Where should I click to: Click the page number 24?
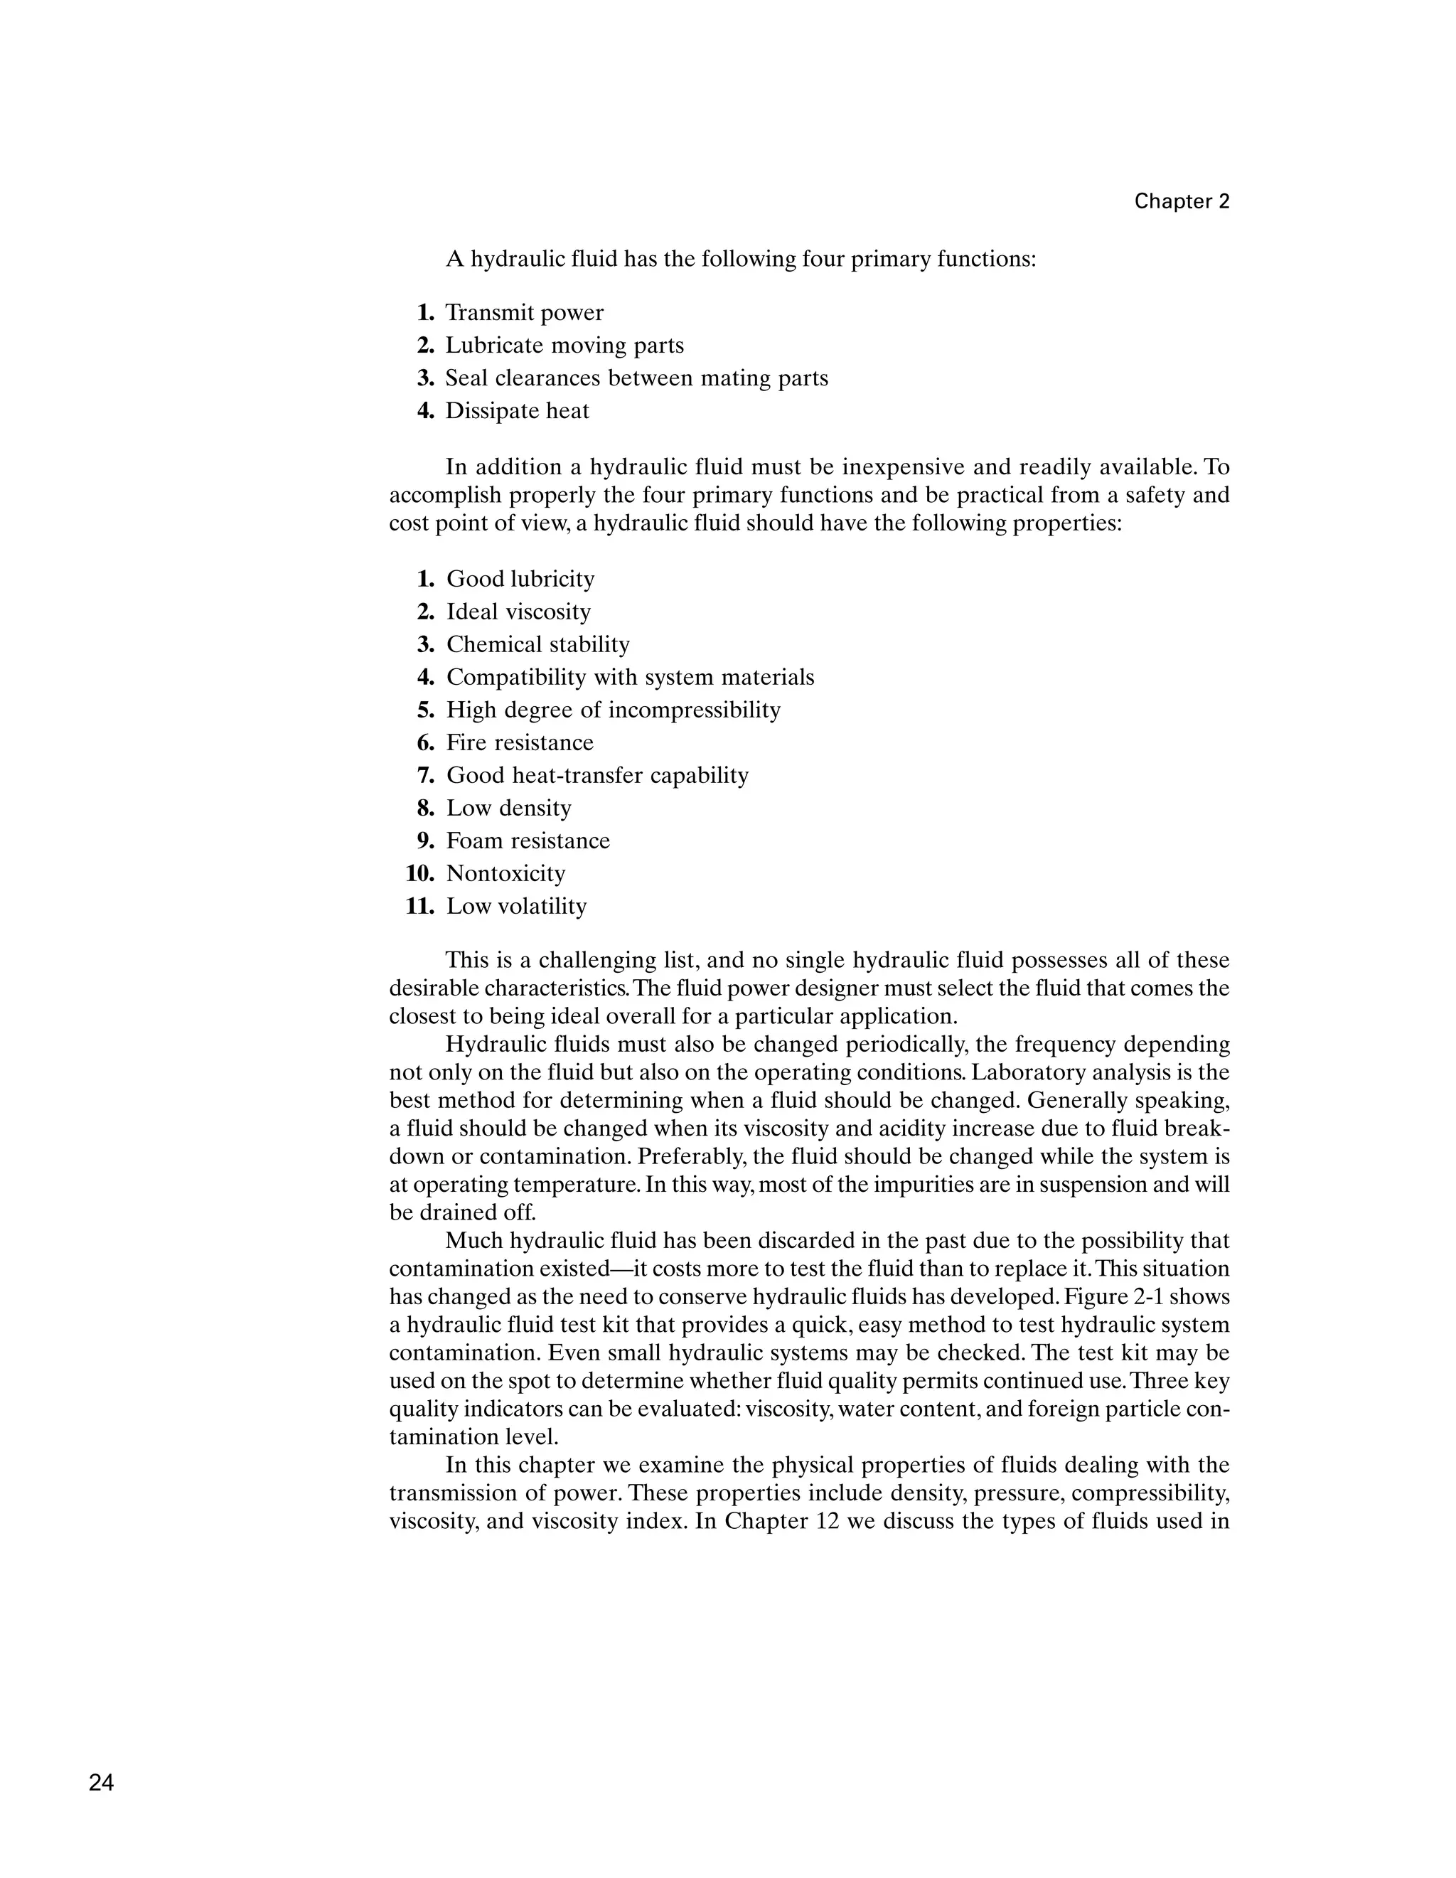(100, 1783)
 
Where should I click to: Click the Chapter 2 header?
(1182, 201)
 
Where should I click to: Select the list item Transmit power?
(524, 313)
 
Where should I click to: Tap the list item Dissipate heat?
(517, 411)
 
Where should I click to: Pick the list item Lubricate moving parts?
(564, 346)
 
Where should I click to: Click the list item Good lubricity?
(520, 580)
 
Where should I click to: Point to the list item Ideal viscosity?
(518, 612)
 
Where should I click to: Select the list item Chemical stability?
(537, 645)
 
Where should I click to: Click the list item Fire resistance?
(519, 743)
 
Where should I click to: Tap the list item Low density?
(508, 809)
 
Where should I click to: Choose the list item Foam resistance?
(528, 841)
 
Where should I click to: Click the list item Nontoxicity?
(505, 874)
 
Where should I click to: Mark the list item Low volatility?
(515, 907)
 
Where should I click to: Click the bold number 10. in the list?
(420, 874)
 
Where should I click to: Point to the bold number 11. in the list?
(420, 907)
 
